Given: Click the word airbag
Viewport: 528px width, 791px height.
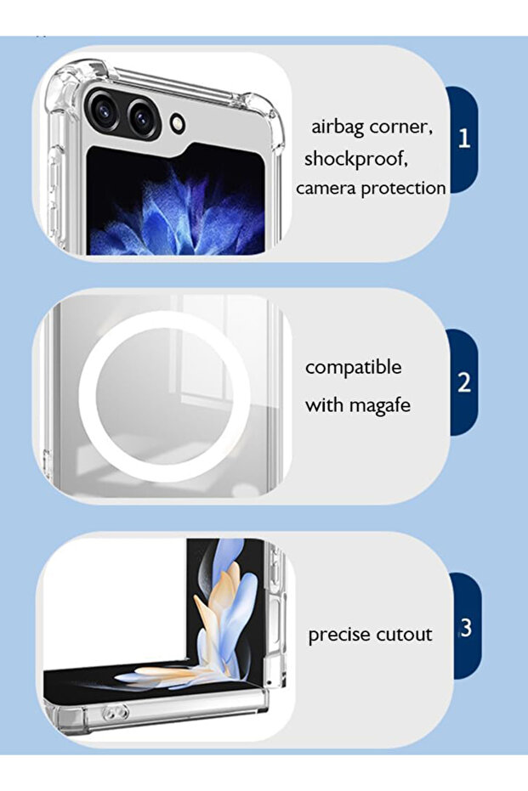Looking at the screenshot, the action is [338, 127].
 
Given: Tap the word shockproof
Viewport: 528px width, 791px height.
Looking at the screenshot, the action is [356, 158].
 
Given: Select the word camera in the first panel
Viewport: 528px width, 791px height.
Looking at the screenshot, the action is [326, 189].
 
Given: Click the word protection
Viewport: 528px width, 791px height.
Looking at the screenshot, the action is [404, 189].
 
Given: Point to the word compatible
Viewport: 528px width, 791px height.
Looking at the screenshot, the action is [354, 368].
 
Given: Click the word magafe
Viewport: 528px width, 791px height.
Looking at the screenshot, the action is [380, 405].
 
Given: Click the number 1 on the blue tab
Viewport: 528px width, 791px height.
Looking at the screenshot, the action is [464, 138].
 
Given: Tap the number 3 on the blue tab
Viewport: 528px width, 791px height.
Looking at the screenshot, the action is [466, 628].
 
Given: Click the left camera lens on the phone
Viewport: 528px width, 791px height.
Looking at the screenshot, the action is [104, 110].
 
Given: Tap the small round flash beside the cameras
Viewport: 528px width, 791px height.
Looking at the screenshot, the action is [177, 123].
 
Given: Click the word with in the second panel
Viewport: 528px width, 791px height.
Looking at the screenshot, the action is [325, 405].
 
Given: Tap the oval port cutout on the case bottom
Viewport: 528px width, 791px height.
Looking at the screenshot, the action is [116, 713].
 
